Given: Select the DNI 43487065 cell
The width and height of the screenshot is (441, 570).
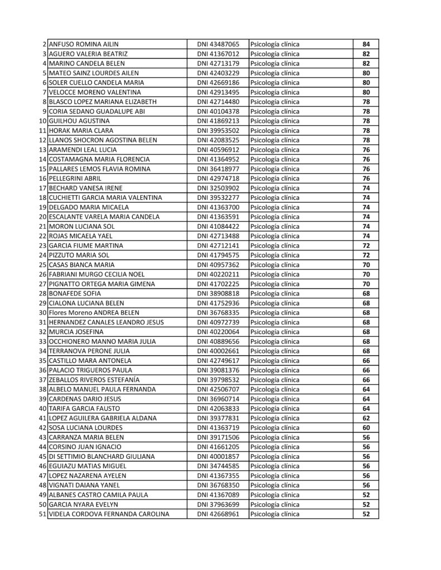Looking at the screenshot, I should pyautogui.click(x=218, y=44).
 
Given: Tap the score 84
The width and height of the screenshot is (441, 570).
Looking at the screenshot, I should pyautogui.click(x=366, y=44).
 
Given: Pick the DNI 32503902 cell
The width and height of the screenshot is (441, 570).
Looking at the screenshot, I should pyautogui.click(x=218, y=188).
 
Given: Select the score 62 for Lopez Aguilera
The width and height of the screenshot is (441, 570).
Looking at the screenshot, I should pyautogui.click(x=366, y=418).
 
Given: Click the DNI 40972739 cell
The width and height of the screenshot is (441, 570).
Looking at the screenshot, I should pyautogui.click(x=218, y=322).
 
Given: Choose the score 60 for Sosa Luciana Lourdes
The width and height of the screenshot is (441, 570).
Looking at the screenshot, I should pyautogui.click(x=366, y=427).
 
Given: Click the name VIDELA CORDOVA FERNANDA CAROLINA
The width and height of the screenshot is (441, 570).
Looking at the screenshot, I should pyautogui.click(x=109, y=514).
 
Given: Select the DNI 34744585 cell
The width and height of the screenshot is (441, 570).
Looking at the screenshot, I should pyautogui.click(x=218, y=466).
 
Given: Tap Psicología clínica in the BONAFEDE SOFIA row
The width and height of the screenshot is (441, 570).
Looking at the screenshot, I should pyautogui.click(x=275, y=293).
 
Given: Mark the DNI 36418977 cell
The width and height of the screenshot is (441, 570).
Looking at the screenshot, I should pyautogui.click(x=218, y=169).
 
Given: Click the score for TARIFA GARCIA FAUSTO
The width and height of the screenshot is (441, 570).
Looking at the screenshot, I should pyautogui.click(x=366, y=409).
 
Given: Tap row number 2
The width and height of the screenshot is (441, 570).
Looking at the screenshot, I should pyautogui.click(x=44, y=44).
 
